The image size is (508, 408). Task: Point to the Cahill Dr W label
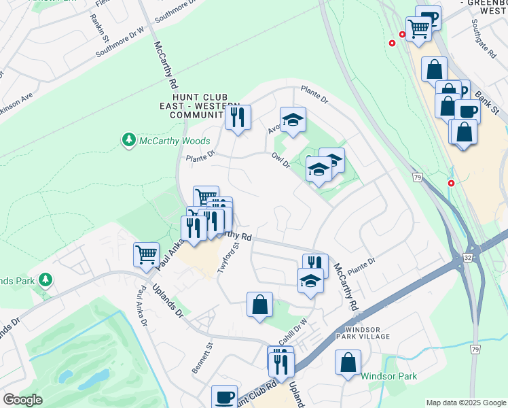293,330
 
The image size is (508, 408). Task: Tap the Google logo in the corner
22,400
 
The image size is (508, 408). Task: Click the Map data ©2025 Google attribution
465,403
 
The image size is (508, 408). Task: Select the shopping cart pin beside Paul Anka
146,255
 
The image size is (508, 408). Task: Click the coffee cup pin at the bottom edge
224,396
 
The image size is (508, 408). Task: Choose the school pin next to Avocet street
293,120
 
